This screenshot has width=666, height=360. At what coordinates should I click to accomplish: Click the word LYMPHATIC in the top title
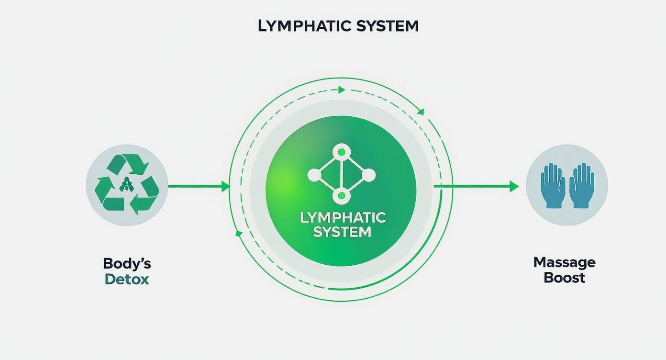298,26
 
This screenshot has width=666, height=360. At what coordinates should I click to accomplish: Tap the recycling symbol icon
127,184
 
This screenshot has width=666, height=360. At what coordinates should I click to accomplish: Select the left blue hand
552,186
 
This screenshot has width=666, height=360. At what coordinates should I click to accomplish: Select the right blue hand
582,186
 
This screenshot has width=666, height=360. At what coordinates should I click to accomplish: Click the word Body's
127,263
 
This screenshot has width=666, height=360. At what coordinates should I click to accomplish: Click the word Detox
127,279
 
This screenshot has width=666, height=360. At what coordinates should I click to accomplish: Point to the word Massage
564,262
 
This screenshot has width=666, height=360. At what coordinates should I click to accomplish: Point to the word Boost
564,278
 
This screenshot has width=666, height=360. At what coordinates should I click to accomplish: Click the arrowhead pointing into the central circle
226,187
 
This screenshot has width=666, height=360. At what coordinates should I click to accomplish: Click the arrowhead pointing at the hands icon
514,187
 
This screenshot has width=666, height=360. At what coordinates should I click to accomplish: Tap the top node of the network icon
341,153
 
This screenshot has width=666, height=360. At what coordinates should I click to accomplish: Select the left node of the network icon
314,175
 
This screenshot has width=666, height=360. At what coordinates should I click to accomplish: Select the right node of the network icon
368,175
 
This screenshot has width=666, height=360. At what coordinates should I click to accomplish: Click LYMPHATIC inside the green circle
343,218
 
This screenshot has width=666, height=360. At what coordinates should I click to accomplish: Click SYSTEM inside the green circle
343,232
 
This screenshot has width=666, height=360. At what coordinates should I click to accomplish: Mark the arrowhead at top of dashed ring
341,90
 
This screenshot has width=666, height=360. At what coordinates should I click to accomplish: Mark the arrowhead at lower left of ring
239,233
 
